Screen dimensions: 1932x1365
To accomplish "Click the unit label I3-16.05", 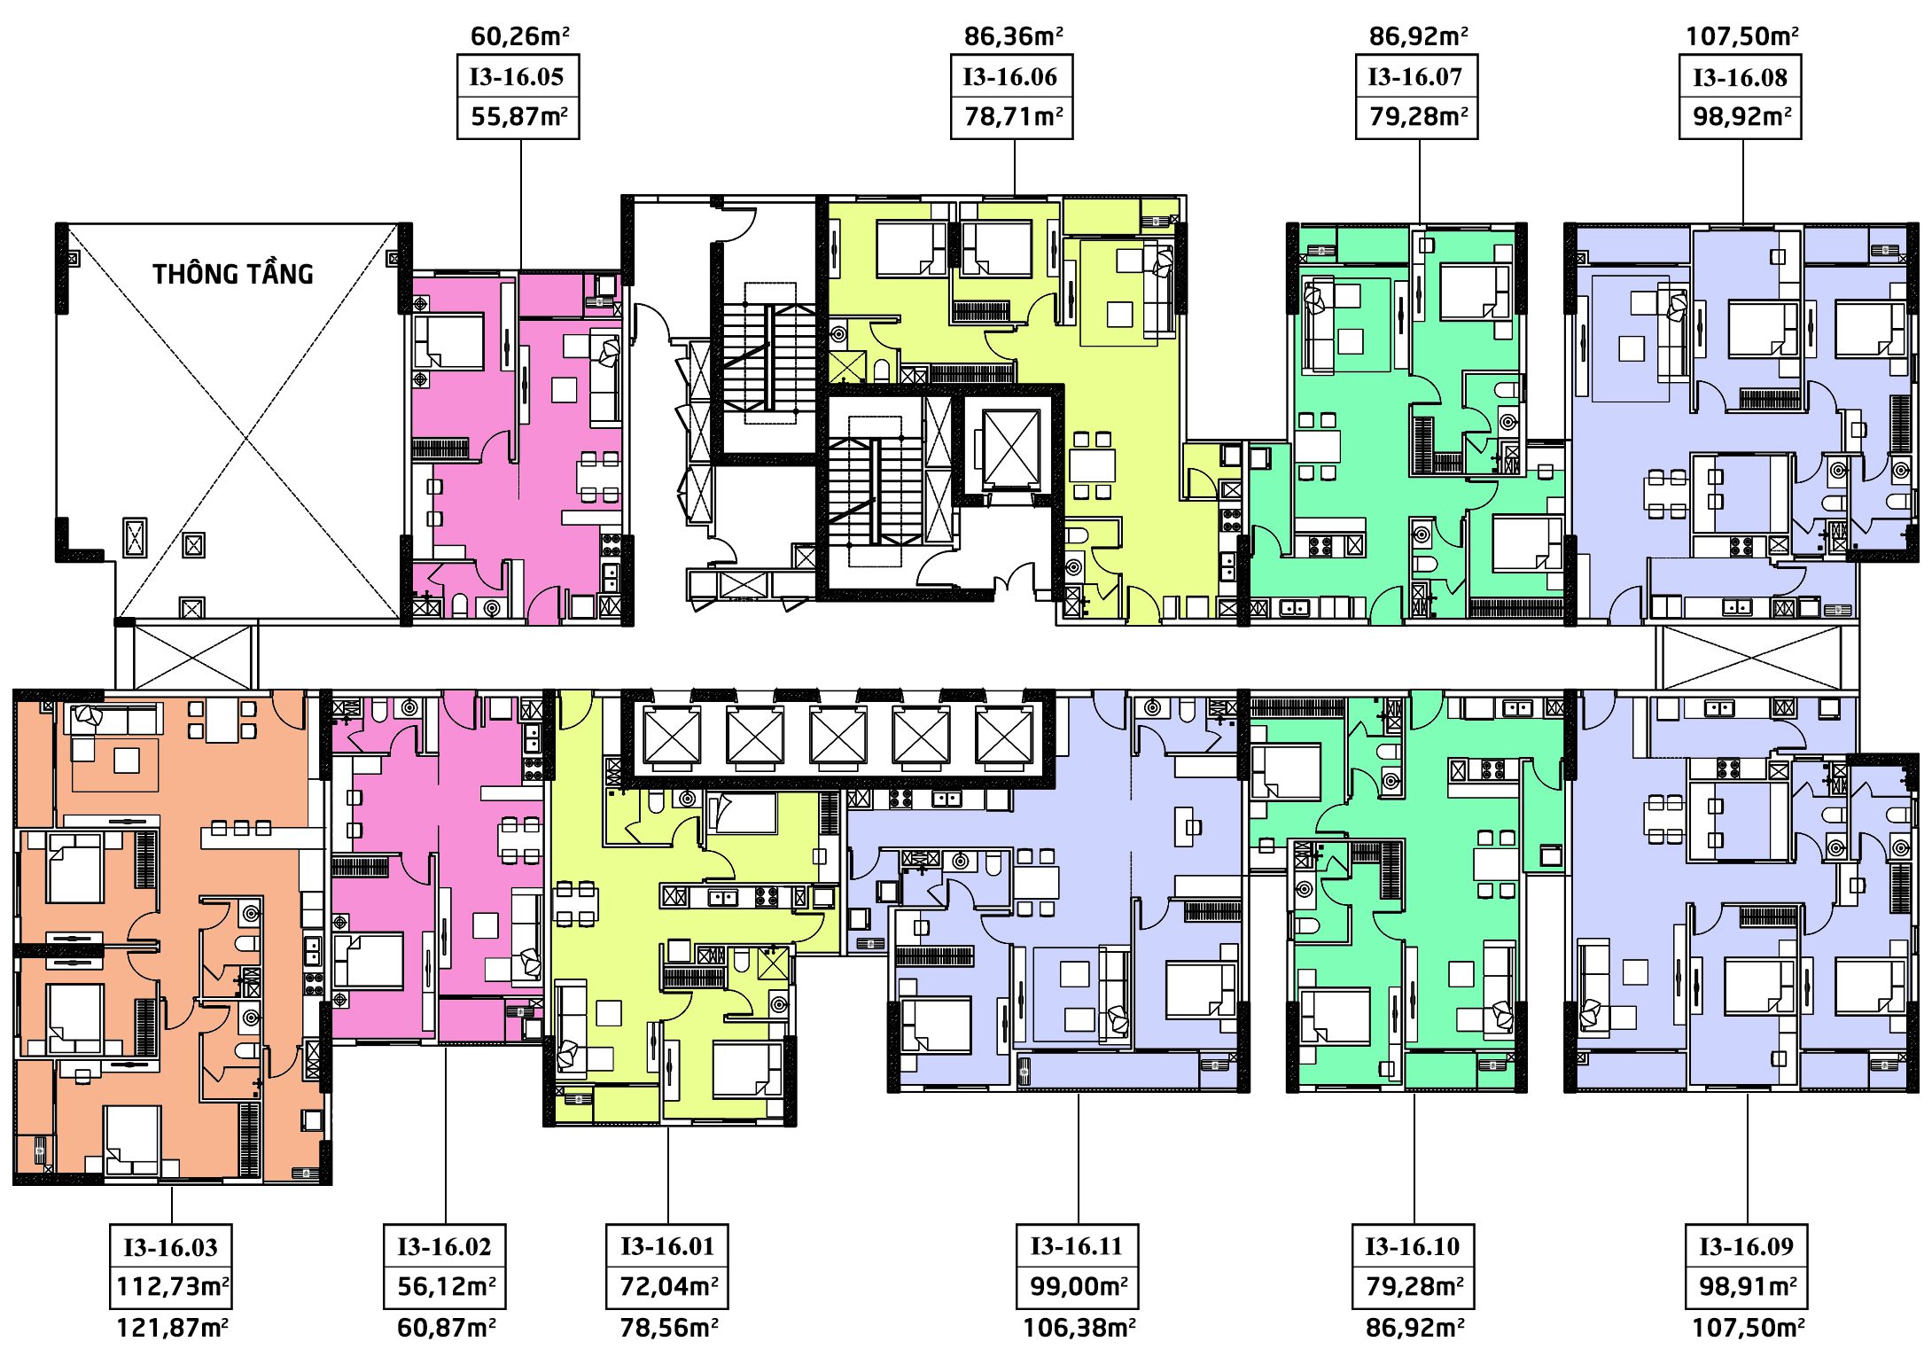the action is click(517, 77).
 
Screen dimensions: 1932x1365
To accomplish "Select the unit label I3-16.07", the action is click(1415, 77).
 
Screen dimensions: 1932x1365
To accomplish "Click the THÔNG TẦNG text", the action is click(233, 274).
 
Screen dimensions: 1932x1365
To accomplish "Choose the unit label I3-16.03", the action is click(170, 1248).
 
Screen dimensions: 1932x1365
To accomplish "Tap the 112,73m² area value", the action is click(173, 1286).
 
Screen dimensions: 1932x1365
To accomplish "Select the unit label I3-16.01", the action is click(667, 1247).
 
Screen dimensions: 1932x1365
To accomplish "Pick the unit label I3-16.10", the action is click(1413, 1247).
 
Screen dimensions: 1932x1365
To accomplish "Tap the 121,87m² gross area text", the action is click(173, 1328).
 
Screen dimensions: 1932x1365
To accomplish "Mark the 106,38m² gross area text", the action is click(1079, 1328).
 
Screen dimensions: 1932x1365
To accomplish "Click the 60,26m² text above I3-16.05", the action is click(520, 36).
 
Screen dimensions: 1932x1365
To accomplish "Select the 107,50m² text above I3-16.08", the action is click(1742, 36).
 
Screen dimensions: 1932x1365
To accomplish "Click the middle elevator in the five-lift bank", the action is click(837, 737).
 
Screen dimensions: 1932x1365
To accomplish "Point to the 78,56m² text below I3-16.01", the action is click(669, 1328).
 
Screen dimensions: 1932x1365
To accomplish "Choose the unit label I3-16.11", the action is click(1077, 1247).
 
